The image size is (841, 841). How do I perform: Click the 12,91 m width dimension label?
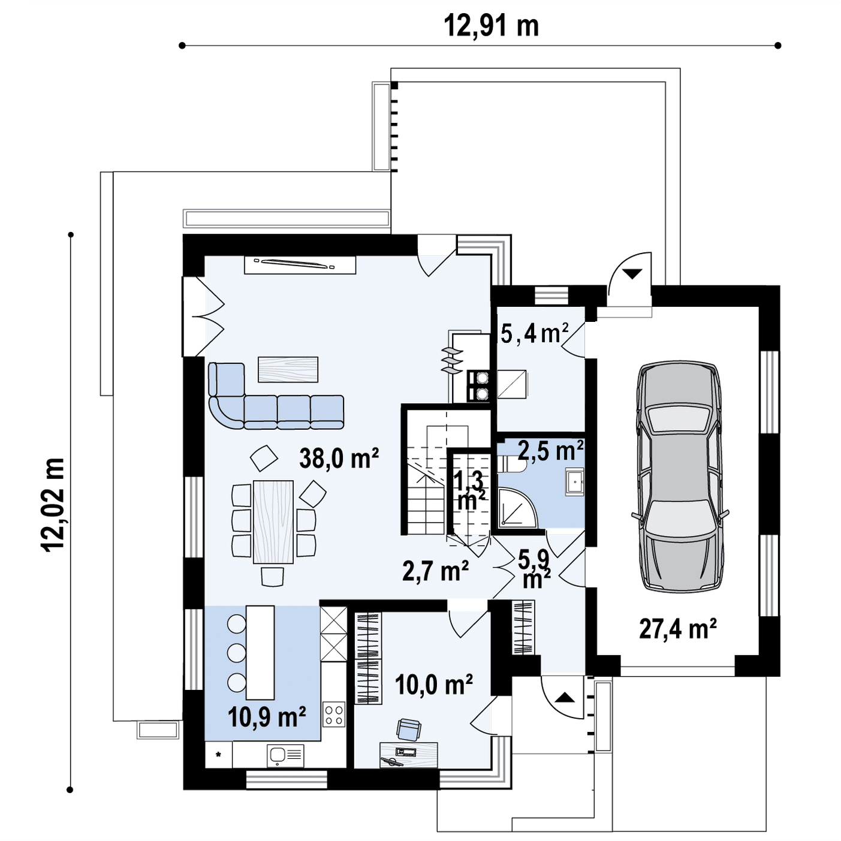coord(492,26)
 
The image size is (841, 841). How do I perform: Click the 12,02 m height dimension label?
coord(54,505)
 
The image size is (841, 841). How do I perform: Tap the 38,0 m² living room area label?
coord(339,458)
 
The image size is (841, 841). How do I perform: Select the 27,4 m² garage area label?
coord(678,629)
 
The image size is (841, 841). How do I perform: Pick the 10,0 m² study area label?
coord(434,685)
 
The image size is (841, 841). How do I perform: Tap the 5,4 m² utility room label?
coord(535,334)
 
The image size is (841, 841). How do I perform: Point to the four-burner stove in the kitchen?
coord(334,715)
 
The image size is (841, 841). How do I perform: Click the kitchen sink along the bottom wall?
coord(285,755)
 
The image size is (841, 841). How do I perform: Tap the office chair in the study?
coord(409,730)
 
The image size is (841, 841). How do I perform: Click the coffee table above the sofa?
coord(288,369)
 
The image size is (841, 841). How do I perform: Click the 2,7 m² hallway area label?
coord(436,571)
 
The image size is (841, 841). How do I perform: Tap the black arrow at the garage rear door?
coord(632,274)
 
